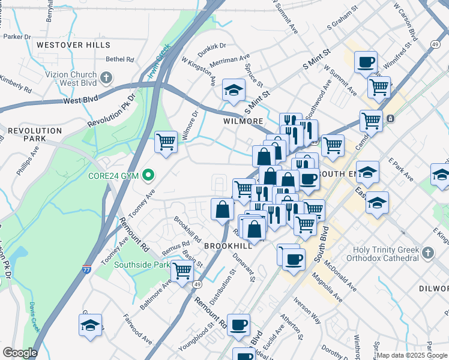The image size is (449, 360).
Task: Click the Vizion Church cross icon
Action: pyautogui.click(x=106, y=78)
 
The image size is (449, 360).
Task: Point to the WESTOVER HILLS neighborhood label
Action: pyautogui.click(x=67, y=44)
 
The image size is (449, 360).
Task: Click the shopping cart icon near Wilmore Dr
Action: pyautogui.click(x=166, y=142)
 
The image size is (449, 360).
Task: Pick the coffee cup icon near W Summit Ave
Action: pyautogui.click(x=366, y=61)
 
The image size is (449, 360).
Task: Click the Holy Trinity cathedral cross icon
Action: pyautogui.click(x=427, y=253)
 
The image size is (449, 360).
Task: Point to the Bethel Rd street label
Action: pyautogui.click(x=119, y=59)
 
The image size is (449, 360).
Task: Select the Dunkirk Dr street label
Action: pyautogui.click(x=211, y=46)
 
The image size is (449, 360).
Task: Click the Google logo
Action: pyautogui.click(x=20, y=353)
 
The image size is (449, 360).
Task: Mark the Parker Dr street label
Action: pyautogui.click(x=17, y=37)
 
